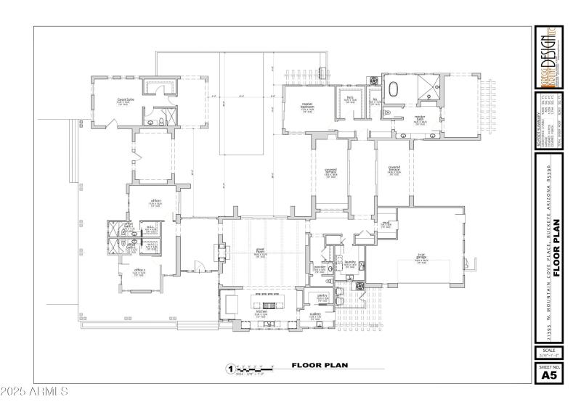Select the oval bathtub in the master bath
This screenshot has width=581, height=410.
(395, 91)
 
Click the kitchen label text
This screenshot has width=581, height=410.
(261, 313)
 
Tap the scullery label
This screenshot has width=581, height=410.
(316, 314)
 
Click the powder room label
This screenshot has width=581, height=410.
(319, 268)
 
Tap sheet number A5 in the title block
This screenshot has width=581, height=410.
(548, 375)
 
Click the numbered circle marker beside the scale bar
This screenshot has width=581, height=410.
(231, 368)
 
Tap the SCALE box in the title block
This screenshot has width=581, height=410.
(548, 353)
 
